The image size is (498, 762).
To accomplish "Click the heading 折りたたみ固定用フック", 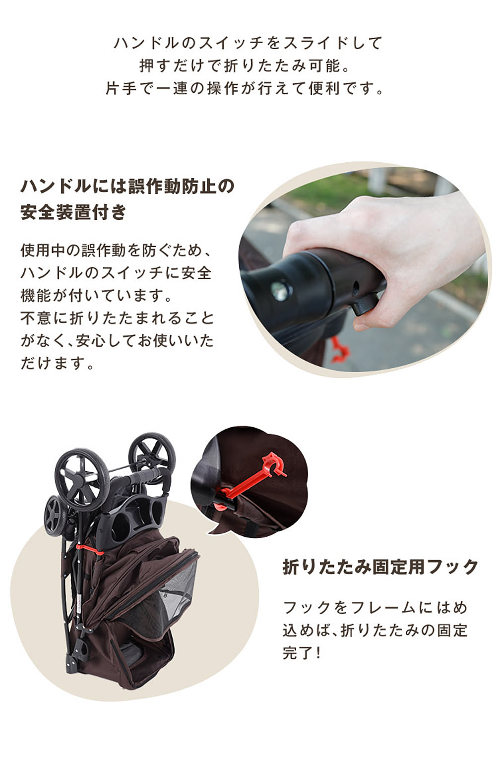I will coord(380,567).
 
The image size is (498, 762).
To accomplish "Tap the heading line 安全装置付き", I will coord(73,212).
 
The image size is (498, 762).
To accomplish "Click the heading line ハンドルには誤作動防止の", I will coord(127,187).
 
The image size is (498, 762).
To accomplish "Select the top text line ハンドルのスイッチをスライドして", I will coord(249,43).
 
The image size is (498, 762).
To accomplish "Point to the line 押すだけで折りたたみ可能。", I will coord(249,65).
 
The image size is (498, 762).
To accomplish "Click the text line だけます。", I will coord(58,364).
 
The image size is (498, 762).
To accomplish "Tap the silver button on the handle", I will coord(278,290).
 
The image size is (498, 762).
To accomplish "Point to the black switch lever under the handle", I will coord(366,303).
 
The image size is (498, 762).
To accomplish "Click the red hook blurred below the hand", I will coord(340,350).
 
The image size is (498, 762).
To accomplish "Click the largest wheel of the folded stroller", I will coord(82,478).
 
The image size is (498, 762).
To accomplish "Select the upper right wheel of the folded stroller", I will coord(152,454).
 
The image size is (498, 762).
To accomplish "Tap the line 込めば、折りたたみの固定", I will coord(375,630).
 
